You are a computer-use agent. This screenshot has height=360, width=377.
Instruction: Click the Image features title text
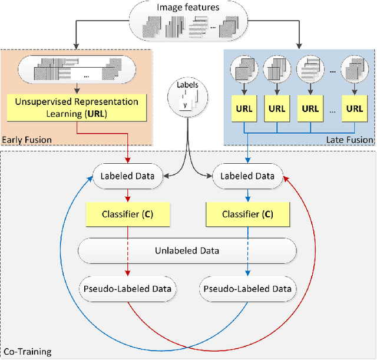point(188,8)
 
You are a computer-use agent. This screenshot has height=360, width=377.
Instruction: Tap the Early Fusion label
point(27,140)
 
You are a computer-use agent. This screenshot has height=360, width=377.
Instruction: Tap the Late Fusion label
point(351,140)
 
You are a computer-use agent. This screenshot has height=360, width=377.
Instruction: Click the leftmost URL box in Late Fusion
point(243,109)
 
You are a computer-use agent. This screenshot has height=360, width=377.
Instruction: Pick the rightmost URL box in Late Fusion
point(354,109)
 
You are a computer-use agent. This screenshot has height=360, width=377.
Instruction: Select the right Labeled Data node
point(246,176)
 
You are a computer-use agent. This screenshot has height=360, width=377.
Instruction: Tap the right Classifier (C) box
point(246,214)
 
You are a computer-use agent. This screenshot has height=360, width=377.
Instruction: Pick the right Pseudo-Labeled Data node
point(246,289)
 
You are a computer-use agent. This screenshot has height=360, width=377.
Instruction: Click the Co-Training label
point(27,352)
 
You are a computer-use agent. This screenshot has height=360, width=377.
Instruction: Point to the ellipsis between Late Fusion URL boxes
point(333,109)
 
